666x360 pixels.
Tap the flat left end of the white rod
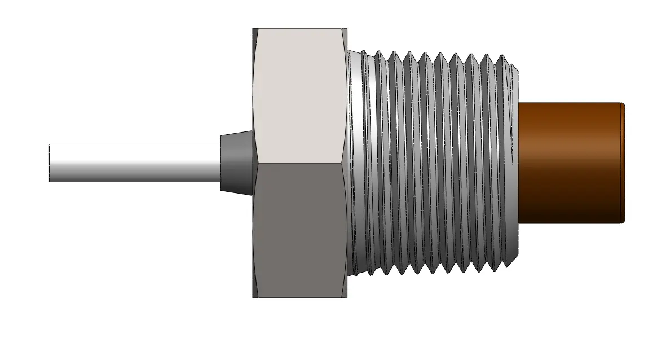coord(50,163)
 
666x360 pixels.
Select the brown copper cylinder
coord(570,163)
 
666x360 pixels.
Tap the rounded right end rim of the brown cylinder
coord(623,163)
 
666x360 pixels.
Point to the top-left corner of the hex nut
coord(254,28)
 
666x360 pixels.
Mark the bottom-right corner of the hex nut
coord(346,297)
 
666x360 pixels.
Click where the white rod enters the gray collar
coord(220,163)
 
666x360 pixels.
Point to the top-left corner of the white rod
coord(50,144)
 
